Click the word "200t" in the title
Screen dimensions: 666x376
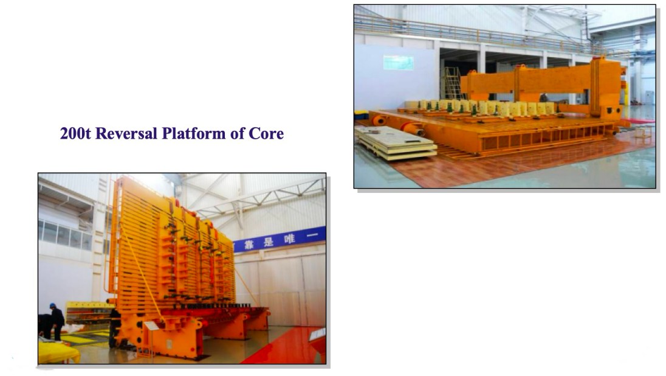75,134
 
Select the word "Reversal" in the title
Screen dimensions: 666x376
126,134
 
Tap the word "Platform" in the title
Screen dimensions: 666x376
194,134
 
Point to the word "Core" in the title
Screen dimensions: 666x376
266,134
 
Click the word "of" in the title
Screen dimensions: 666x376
237,134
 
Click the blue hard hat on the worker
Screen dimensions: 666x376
53,305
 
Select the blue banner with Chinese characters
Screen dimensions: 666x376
279,238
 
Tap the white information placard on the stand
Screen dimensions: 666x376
151,326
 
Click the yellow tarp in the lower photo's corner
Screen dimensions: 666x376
58,352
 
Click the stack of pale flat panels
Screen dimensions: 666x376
396,143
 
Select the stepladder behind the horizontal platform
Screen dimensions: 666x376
453,83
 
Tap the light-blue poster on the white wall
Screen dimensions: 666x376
399,63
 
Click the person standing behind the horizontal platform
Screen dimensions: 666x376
543,97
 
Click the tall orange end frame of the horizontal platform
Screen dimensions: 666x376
603,87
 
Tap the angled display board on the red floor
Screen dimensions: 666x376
318,334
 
